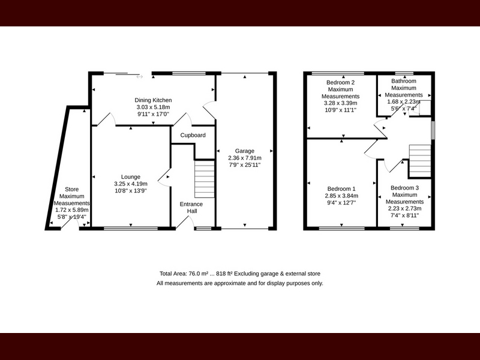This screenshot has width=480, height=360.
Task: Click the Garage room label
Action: pos(245,151)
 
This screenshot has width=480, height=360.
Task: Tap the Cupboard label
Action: pos(193,135)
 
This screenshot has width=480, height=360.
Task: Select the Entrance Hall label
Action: pos(191,208)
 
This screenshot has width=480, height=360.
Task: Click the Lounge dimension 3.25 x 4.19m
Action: pos(131,184)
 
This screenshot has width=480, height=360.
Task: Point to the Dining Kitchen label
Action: pos(153,100)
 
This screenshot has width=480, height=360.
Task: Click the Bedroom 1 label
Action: pos(341,188)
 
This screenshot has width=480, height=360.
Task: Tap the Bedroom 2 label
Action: pos(340,82)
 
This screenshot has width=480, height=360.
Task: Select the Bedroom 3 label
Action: pos(404,188)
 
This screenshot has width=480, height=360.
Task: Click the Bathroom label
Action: pos(404,81)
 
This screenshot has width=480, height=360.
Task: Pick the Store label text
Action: pos(71,189)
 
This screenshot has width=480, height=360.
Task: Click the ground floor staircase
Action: pos(205,179)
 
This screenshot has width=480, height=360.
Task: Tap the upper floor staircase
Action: pos(420,161)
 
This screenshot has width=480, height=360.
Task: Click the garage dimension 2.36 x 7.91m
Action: pos(245,158)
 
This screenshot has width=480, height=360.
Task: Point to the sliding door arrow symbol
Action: pos(140,77)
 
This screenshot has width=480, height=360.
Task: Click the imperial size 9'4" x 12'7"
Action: pos(341,203)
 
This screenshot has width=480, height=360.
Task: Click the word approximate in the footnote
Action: pos(230,283)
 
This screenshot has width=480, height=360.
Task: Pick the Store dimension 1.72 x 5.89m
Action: pos(71,210)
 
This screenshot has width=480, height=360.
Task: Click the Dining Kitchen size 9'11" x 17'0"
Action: pos(153,114)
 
